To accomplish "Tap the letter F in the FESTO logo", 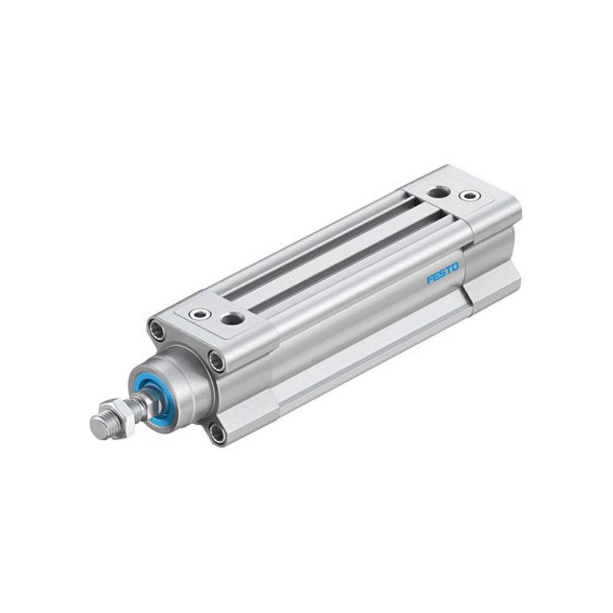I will (430, 281).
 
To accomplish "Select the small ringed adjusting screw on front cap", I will (200, 314).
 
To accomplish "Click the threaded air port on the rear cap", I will (438, 192).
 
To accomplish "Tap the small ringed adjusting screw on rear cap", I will (470, 196).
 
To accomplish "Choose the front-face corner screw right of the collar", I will (216, 361).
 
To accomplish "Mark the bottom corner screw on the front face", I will (217, 433).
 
